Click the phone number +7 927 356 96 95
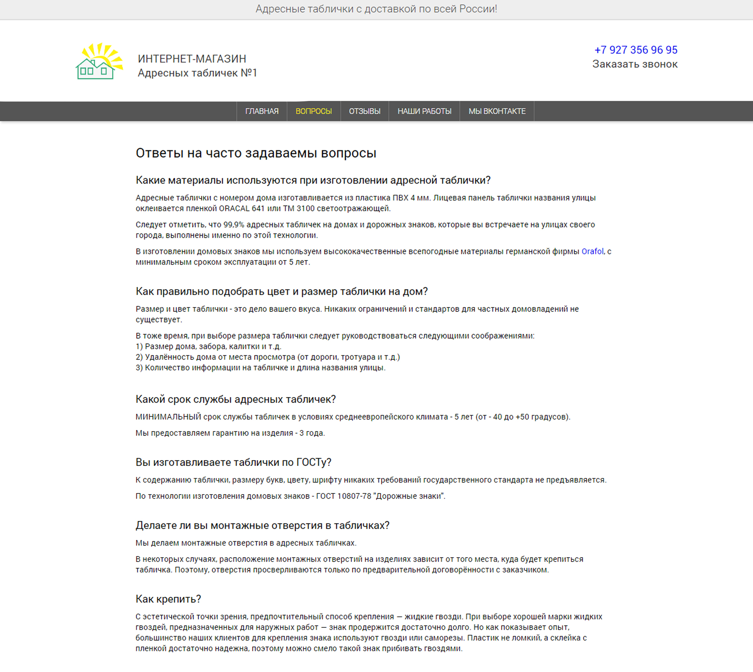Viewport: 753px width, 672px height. click(635, 50)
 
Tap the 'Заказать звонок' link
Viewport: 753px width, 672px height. click(635, 64)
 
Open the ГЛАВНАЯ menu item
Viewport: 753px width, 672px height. click(261, 111)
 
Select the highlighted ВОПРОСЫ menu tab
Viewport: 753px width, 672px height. click(313, 111)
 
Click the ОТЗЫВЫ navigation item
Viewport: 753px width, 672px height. click(364, 111)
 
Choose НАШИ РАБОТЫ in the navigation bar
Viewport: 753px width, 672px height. click(424, 111)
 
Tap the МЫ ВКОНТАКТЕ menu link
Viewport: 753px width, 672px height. click(497, 111)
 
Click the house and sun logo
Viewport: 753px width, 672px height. click(99, 61)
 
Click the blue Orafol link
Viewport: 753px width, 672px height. click(592, 251)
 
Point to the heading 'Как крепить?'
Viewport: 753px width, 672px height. click(168, 599)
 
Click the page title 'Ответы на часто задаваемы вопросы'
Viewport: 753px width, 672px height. click(256, 153)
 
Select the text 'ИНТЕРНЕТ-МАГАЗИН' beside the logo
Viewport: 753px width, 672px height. click(192, 59)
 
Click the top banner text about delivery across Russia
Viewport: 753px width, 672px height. click(376, 9)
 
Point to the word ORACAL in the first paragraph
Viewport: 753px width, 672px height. click(234, 209)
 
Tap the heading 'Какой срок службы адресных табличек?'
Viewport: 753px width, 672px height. click(235, 399)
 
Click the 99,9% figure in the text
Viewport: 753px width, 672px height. click(234, 225)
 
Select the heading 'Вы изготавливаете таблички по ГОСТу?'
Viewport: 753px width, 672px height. click(233, 462)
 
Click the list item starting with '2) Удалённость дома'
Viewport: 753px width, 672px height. click(267, 357)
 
